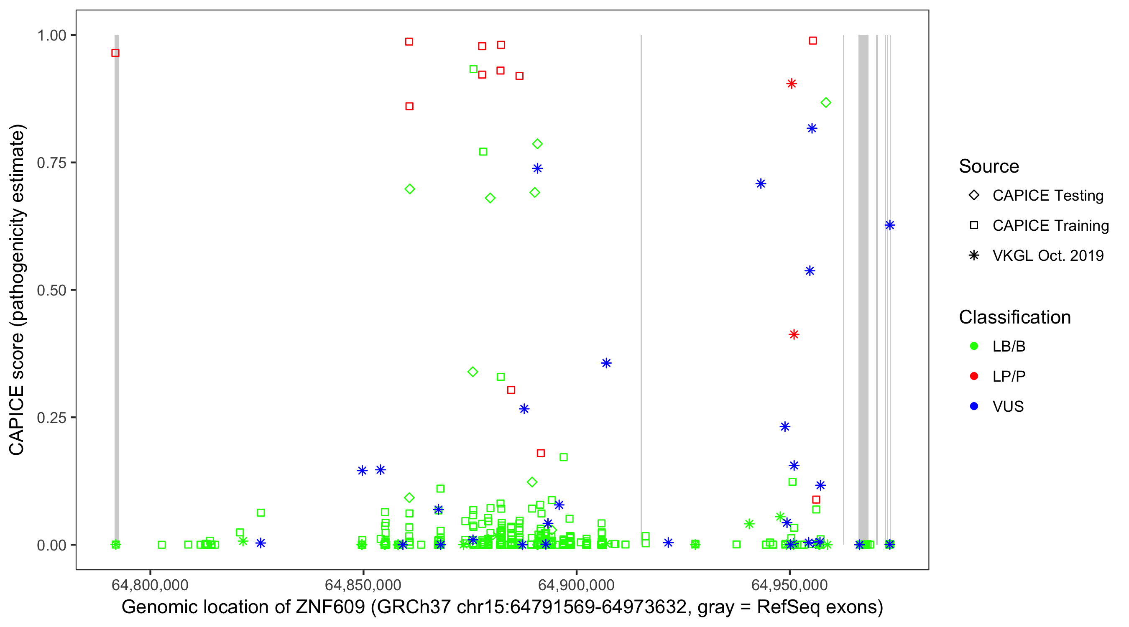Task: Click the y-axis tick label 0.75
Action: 51,163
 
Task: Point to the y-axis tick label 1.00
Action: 51,35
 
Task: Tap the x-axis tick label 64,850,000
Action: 363,585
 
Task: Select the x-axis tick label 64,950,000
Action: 789,585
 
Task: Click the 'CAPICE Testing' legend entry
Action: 1047,196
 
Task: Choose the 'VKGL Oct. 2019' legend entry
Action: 1047,255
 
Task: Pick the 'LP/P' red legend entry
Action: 1009,376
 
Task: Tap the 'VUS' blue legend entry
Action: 1008,407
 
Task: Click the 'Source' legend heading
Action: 989,166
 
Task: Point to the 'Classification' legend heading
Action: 1014,317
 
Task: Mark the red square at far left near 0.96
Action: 115,53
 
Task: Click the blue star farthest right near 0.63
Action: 889,225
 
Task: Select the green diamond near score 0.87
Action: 826,102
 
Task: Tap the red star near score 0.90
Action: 791,84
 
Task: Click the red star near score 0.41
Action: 794,335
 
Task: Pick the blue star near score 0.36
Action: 606,363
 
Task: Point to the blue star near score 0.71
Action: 761,184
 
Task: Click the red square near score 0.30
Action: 511,390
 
